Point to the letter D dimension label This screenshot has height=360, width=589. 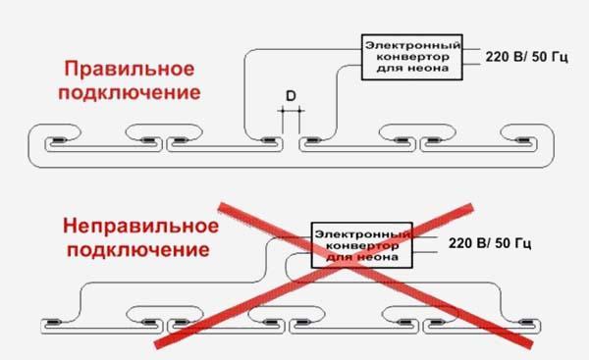point(291,95)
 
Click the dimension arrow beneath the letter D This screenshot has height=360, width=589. point(291,112)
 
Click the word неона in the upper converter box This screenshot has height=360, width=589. point(432,70)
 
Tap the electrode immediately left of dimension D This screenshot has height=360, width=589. point(268,140)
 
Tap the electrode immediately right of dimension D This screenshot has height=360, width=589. point(314,140)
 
